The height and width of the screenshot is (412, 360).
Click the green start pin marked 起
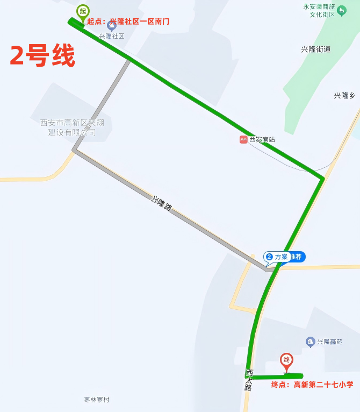pos(82,11)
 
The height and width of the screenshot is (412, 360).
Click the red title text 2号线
pos(42,55)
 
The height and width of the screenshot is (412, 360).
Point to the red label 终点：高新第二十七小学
pos(312,385)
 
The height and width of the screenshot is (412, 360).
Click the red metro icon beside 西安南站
pos(243,139)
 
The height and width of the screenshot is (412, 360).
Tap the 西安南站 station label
pos(262,139)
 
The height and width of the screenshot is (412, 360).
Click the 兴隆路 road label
pos(161,203)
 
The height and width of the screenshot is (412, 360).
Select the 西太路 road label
pos(249,379)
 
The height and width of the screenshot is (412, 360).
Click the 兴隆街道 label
pos(316,49)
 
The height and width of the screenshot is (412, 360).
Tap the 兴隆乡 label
pos(344,96)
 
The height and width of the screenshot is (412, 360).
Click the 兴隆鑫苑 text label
pos(329,342)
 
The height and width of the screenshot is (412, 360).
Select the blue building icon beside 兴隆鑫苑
pos(310,342)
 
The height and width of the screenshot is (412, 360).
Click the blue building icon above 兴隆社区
pos(112,25)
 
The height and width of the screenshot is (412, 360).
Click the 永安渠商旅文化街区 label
pos(319,11)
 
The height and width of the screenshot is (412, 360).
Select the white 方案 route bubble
pos(278,257)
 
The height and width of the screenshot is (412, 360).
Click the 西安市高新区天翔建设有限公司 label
pos(72,127)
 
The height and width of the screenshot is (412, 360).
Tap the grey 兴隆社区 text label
pos(111,36)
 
